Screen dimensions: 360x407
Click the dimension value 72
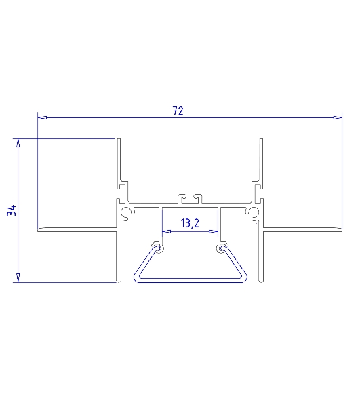tap(178, 111)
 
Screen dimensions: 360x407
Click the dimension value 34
tap(12, 210)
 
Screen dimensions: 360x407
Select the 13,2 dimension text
tap(190, 223)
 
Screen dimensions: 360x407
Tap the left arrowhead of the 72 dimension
tap(43, 117)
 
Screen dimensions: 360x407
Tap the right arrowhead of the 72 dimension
tap(337, 117)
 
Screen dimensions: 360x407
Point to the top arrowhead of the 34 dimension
tap(18, 143)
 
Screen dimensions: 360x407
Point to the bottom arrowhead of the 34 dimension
tap(18, 277)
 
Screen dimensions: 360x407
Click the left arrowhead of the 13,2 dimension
tap(167, 231)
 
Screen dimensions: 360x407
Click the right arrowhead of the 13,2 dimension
tap(214, 231)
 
